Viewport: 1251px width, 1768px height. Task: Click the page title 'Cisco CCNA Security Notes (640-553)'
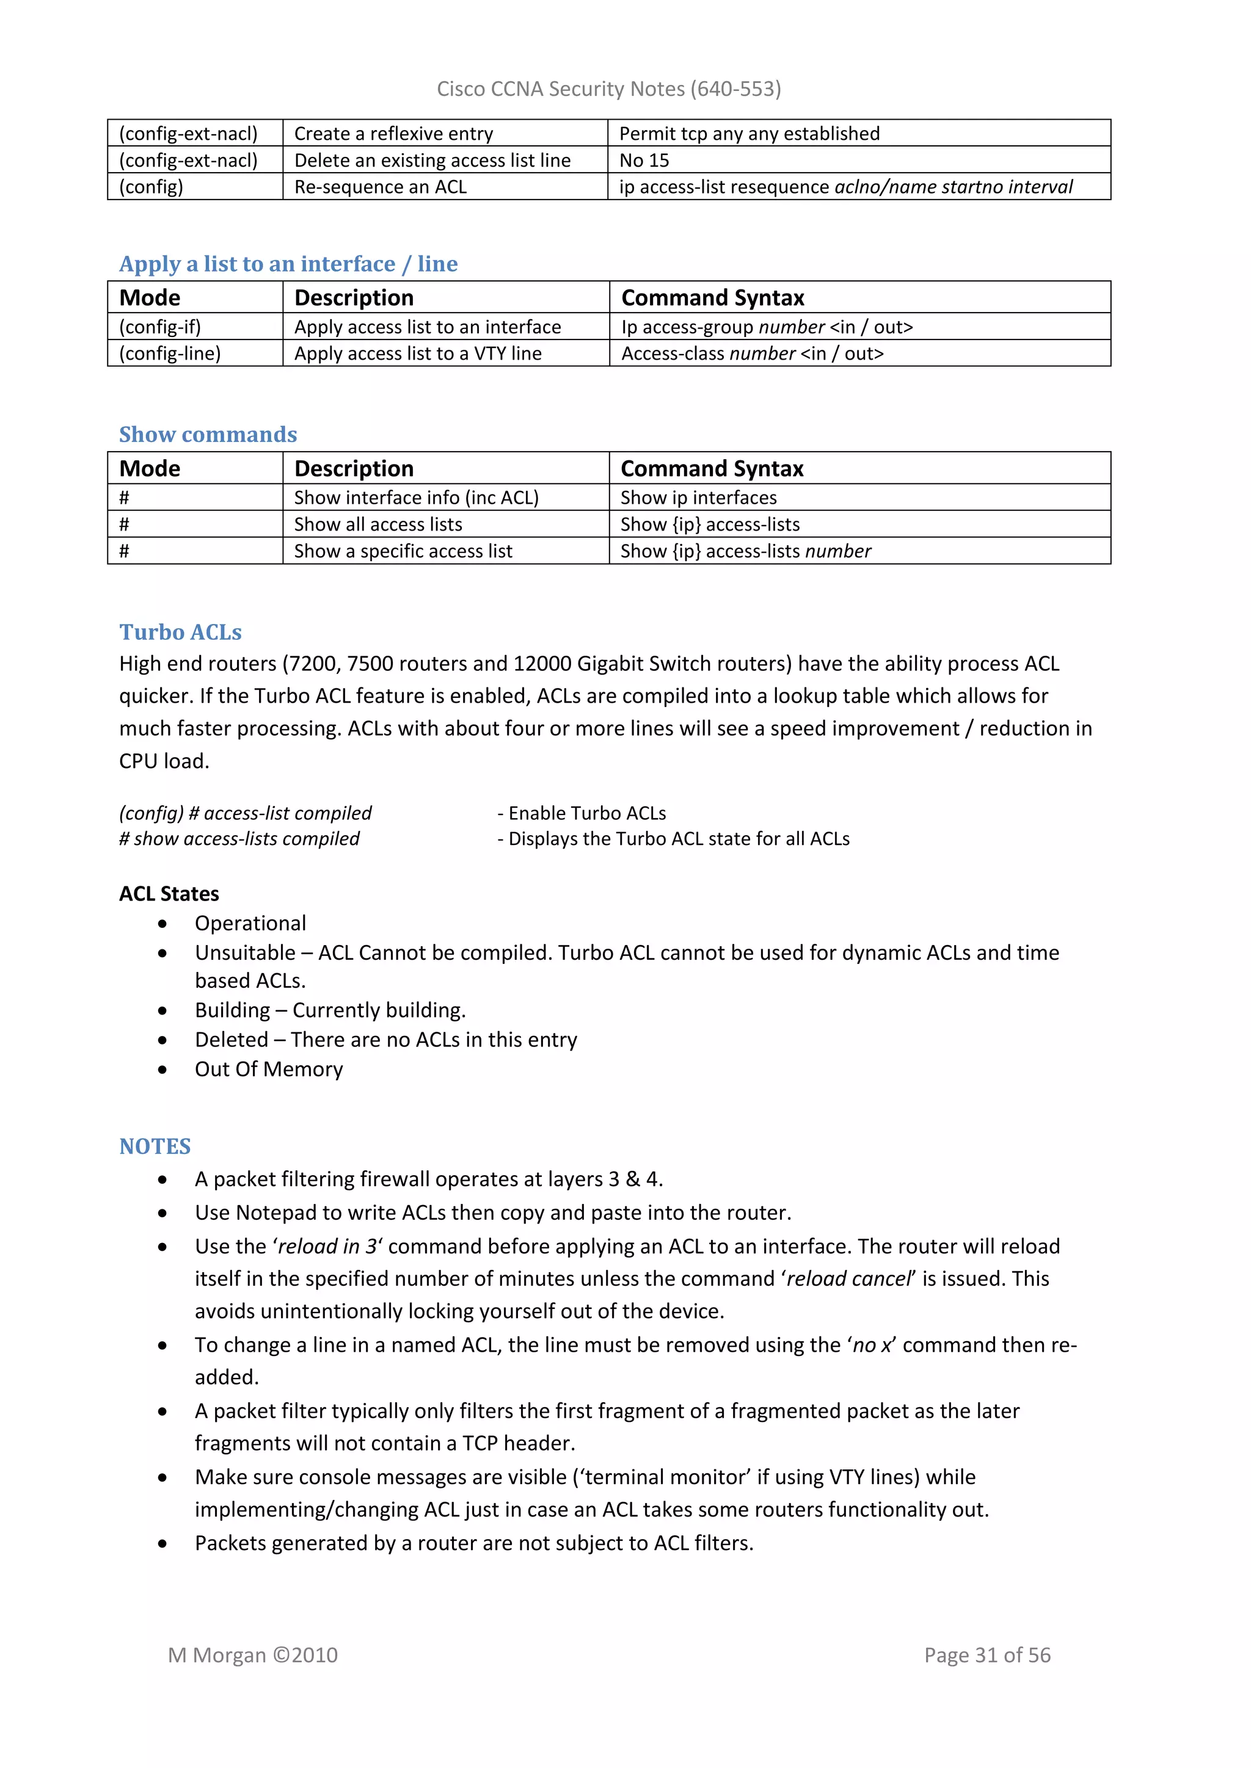point(608,89)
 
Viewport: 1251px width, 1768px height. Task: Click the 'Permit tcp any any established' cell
point(749,134)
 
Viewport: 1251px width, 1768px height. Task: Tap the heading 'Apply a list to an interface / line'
point(288,264)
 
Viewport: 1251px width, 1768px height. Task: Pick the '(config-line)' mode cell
point(170,353)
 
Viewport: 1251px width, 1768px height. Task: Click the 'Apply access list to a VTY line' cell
point(418,353)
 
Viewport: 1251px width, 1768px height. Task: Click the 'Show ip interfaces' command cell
point(698,498)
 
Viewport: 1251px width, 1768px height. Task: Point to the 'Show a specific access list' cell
point(403,551)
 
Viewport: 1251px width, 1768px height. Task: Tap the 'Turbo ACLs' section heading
point(180,632)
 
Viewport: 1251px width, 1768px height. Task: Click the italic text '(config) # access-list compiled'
point(245,813)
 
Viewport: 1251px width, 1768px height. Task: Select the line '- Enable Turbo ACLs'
point(582,813)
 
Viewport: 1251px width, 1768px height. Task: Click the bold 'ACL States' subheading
point(169,894)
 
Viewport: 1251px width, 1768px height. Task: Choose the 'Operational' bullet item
point(250,923)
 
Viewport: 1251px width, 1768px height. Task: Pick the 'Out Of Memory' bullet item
point(269,1069)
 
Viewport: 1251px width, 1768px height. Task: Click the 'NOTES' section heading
point(155,1147)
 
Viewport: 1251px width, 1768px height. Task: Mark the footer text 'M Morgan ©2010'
point(253,1655)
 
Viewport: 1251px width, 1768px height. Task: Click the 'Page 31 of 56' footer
point(987,1655)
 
